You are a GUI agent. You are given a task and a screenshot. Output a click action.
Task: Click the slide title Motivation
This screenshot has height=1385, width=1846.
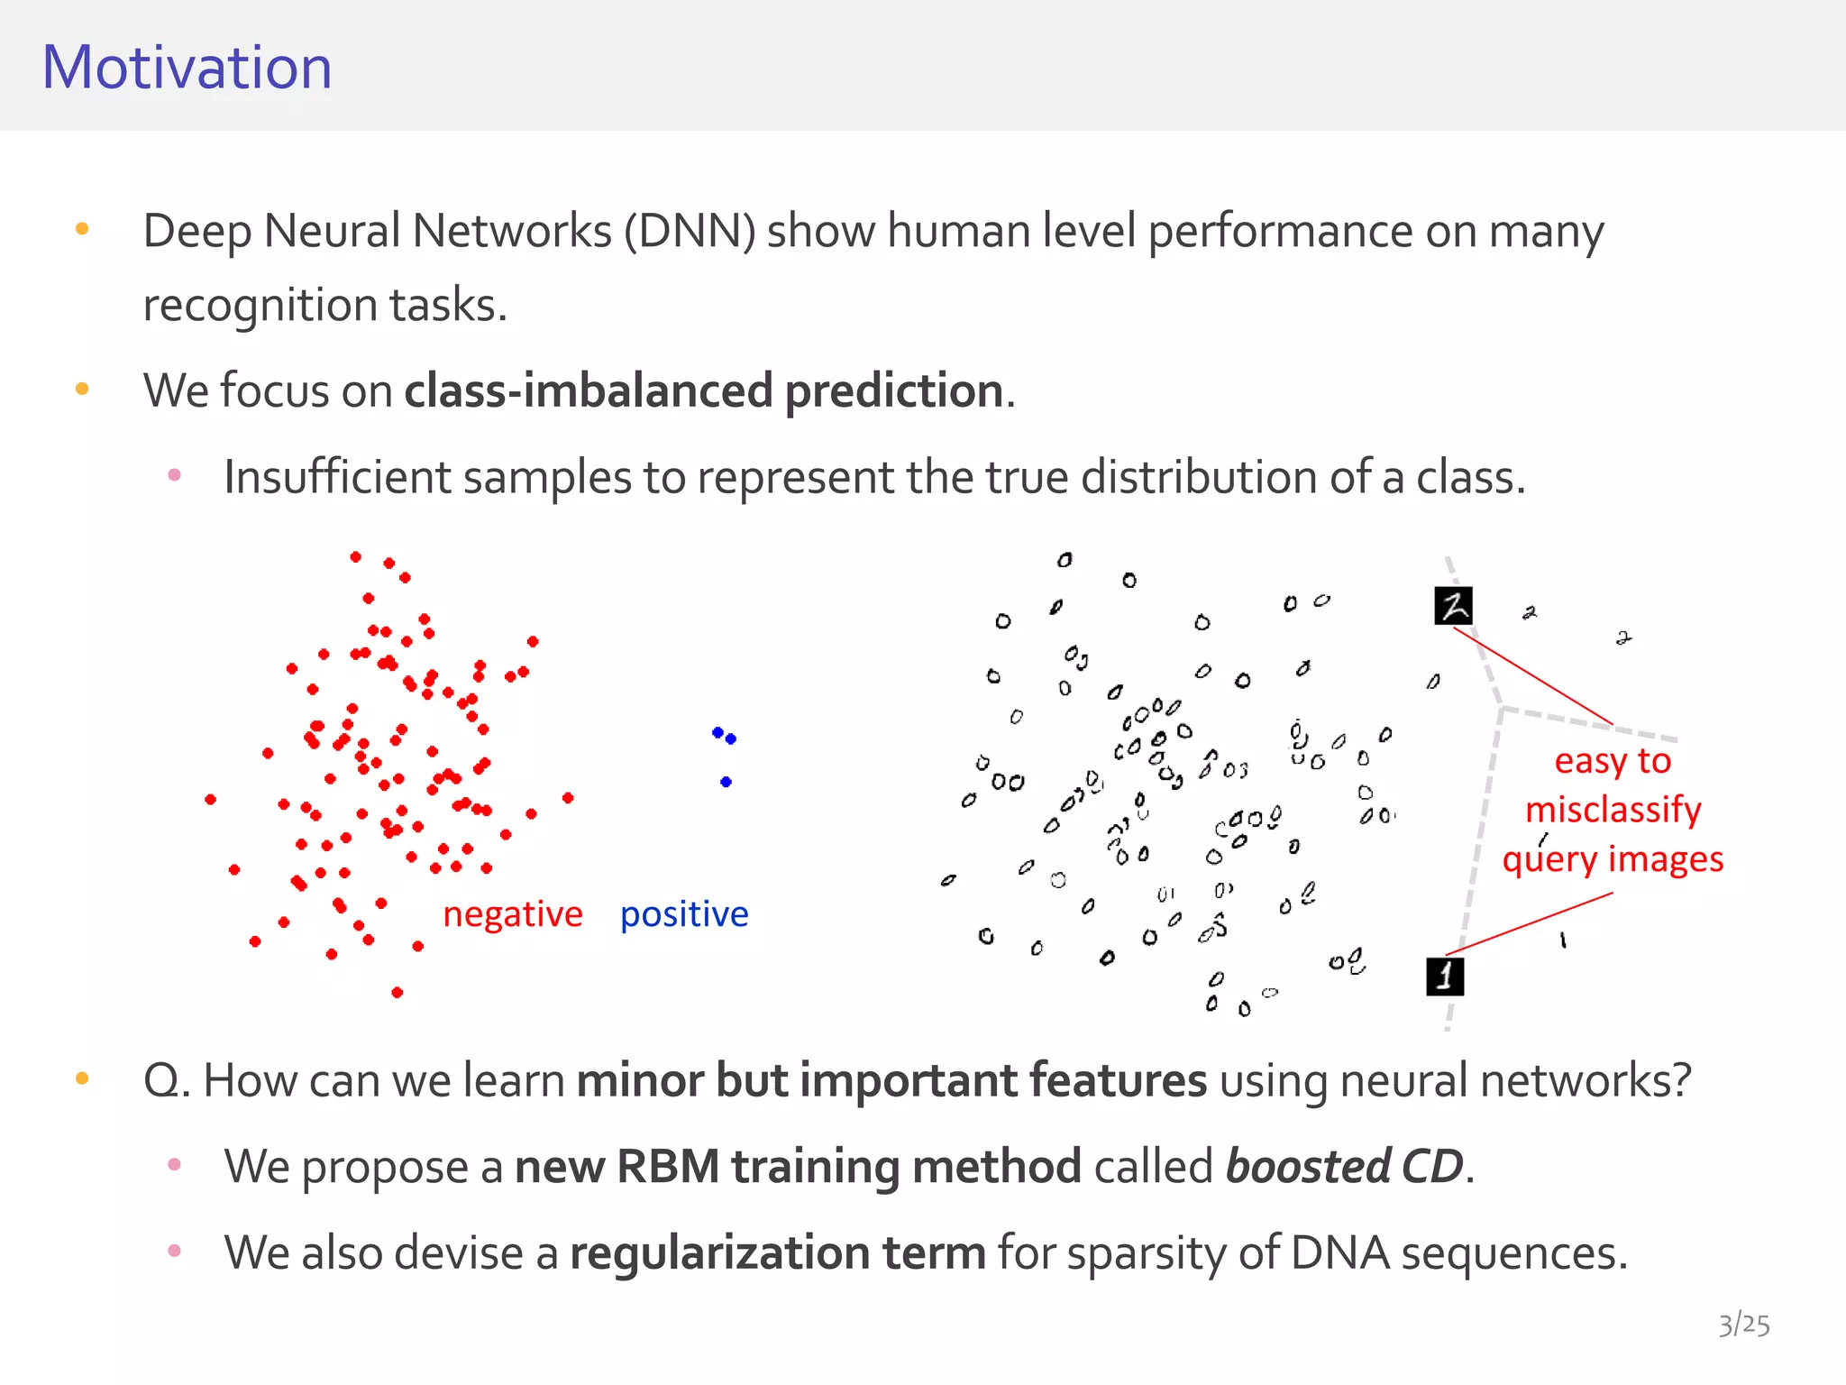click(x=187, y=69)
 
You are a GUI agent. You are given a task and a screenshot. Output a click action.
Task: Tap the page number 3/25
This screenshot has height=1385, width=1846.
click(x=1743, y=1324)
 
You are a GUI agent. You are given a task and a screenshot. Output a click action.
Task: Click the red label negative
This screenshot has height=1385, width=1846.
click(x=512, y=914)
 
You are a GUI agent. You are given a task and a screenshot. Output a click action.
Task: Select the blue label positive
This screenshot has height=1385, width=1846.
click(x=684, y=914)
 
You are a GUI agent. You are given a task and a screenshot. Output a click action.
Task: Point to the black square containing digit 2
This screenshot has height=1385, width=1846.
click(x=1453, y=606)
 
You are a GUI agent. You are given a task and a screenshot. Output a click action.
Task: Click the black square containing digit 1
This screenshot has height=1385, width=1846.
click(x=1445, y=977)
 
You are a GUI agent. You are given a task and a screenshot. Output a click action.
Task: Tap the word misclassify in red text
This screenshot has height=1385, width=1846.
click(x=1613, y=810)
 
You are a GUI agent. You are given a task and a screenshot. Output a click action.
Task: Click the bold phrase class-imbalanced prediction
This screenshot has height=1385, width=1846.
click(x=703, y=391)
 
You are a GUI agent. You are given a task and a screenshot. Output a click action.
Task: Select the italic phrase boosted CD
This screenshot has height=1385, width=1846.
click(x=1344, y=1167)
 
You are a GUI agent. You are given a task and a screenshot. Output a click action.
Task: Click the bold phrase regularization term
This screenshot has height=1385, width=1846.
click(x=778, y=1253)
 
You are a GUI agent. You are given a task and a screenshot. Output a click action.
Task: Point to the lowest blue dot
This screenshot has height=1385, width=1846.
click(x=726, y=782)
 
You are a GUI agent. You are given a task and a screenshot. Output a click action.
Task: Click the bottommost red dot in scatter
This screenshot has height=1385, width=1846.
click(x=398, y=993)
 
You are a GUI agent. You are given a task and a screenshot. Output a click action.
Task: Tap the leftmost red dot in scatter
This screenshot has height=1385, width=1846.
click(x=210, y=800)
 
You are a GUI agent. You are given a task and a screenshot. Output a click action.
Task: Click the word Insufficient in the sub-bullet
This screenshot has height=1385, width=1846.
click(x=336, y=477)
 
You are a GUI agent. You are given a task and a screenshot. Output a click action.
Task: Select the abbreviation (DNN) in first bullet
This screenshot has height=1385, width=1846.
click(x=690, y=232)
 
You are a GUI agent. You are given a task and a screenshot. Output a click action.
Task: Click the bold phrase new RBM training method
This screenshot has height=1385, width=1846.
click(x=798, y=1167)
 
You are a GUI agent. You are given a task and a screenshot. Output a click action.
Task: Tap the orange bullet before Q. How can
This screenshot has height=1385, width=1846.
click(x=82, y=1078)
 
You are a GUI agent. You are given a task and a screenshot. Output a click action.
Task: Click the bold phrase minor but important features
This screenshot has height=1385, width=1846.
click(x=891, y=1080)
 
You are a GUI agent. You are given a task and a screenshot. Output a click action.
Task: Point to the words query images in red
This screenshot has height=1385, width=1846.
click(x=1613, y=859)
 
